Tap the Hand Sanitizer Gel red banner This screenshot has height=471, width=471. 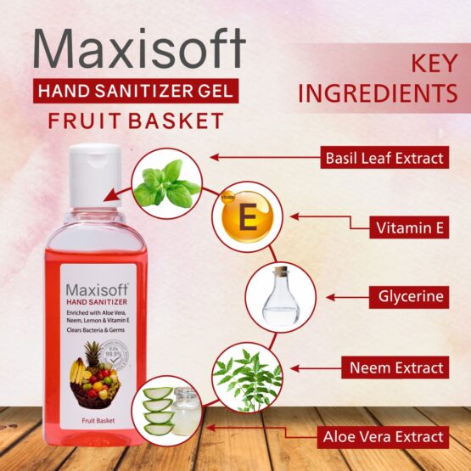pos(137,90)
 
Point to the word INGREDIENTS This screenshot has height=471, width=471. pos(378,93)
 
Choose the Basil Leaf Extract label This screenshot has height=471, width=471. pos(384,157)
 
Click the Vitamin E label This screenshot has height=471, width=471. pos(409,227)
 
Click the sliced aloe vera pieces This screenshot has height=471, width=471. pos(159,410)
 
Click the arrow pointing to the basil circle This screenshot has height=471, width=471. pos(263,157)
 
